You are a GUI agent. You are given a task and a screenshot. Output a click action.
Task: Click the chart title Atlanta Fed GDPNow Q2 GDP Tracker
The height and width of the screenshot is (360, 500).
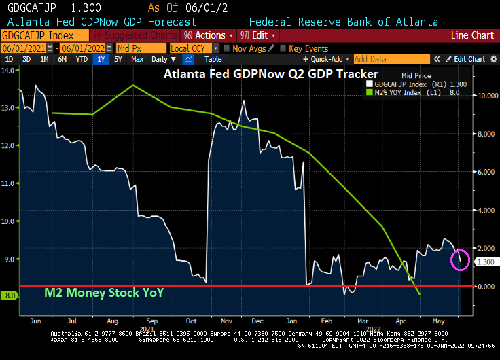tap(270, 73)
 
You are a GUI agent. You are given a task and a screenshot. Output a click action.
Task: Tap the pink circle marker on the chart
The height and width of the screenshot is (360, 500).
tap(460, 259)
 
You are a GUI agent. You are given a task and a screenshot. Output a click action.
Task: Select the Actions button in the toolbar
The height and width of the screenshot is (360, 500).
tap(208, 35)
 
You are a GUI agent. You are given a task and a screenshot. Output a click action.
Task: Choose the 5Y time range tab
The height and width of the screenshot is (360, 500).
tap(118, 59)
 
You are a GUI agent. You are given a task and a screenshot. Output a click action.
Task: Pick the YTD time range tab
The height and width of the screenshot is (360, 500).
tap(81, 59)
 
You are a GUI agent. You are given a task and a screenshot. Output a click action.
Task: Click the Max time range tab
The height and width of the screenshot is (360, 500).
tap(137, 59)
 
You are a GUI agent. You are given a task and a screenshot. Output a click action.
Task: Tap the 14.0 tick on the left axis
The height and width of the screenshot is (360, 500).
tap(9, 70)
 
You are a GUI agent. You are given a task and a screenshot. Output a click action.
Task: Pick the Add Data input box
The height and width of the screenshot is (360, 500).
tap(391, 59)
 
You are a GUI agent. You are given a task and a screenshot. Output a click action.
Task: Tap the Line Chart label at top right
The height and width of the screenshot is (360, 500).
tap(472, 35)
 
